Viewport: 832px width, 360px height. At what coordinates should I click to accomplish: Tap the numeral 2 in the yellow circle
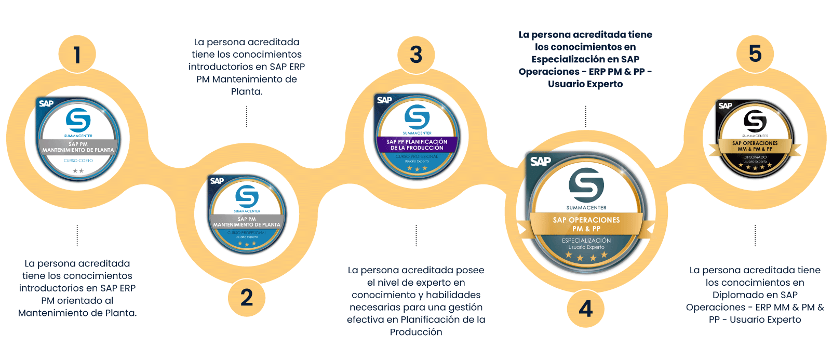(x=247, y=298)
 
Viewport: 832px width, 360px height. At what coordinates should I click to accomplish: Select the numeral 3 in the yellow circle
(x=416, y=55)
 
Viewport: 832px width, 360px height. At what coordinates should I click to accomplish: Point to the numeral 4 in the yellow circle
(x=586, y=309)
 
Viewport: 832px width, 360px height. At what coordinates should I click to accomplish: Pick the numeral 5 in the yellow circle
(x=755, y=54)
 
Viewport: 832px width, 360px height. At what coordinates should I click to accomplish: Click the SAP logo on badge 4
(x=540, y=162)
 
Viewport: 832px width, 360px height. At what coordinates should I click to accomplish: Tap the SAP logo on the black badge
(x=725, y=105)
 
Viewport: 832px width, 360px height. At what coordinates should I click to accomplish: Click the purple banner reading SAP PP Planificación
(x=417, y=144)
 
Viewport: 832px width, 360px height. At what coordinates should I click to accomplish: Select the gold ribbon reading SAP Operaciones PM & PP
(x=586, y=224)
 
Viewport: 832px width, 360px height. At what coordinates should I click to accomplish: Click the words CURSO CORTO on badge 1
(x=78, y=161)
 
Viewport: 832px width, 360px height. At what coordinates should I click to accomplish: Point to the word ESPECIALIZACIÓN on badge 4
(x=586, y=241)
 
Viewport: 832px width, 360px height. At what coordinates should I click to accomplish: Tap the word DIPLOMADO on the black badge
(x=755, y=157)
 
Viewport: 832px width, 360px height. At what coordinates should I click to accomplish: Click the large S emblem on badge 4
(x=586, y=185)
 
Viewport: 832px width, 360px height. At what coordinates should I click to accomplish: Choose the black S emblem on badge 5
(x=755, y=121)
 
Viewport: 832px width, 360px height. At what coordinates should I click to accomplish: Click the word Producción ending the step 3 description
(x=416, y=332)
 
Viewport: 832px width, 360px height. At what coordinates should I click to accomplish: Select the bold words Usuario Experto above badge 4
(x=585, y=84)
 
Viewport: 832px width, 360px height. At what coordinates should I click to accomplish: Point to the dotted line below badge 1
(x=77, y=235)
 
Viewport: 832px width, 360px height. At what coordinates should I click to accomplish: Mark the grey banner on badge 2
(x=247, y=222)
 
